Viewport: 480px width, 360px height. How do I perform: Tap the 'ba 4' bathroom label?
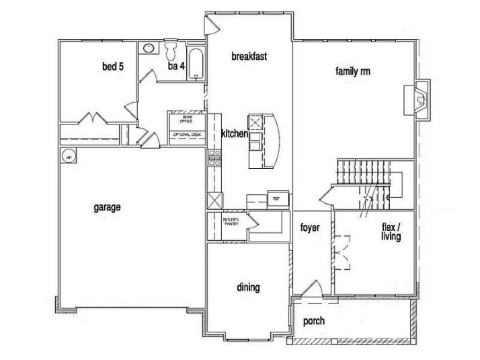point(176,66)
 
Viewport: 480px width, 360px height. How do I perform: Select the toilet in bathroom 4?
point(172,51)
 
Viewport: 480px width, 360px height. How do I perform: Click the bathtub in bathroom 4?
point(196,64)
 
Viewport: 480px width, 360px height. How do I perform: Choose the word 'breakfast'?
point(249,57)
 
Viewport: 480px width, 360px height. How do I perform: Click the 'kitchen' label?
point(235,135)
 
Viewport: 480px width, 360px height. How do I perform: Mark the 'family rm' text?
point(354,71)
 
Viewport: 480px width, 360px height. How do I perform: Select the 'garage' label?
point(107,207)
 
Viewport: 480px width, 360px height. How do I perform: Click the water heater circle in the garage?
point(67,156)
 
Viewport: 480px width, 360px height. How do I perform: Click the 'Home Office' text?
point(183,120)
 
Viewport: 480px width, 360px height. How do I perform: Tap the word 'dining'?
point(248,287)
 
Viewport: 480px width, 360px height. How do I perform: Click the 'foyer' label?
point(309,228)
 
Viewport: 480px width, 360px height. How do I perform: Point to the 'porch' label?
point(314,321)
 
